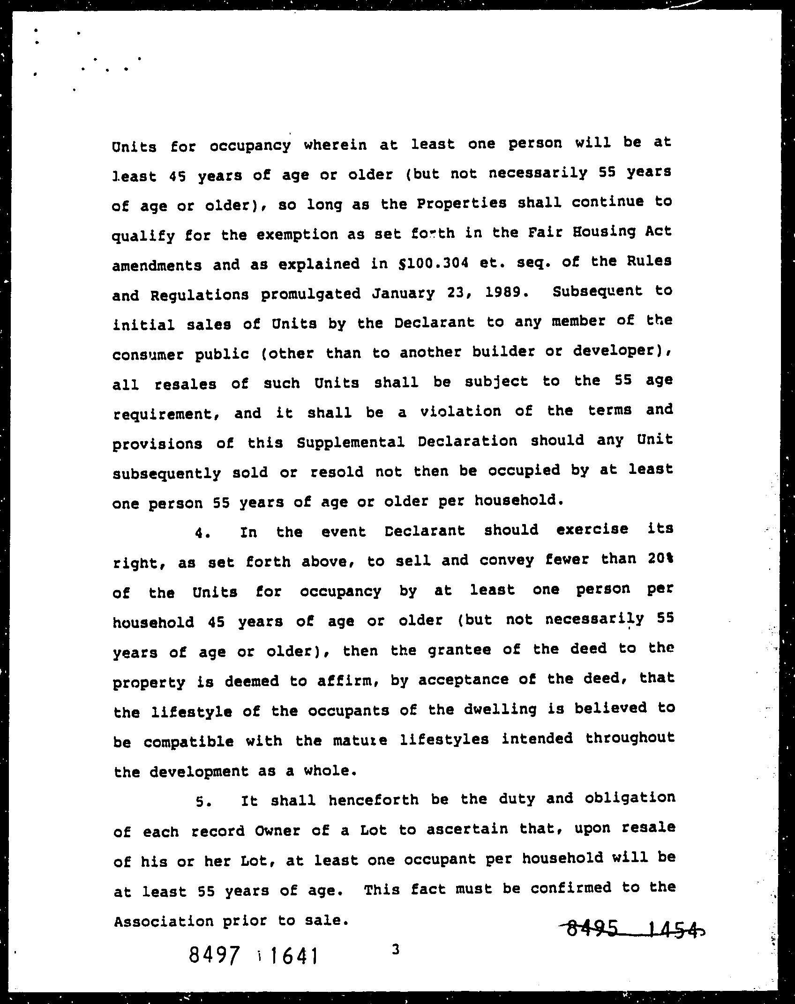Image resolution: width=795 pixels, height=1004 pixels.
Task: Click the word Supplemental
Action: pos(351,442)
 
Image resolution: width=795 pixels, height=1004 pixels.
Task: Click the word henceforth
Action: pos(374,800)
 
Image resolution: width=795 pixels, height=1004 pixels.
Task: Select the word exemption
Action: pos(297,234)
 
